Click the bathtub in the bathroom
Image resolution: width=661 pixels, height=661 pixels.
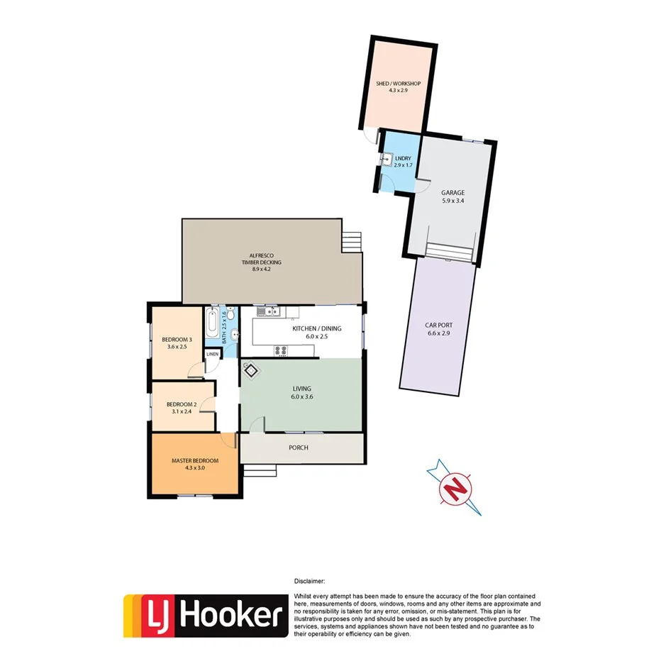point(212,324)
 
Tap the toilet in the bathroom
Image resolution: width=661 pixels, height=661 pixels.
point(233,331)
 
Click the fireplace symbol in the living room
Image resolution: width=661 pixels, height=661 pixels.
point(251,369)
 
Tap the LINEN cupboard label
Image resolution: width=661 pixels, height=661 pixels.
point(212,354)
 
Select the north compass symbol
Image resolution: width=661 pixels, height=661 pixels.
point(458,489)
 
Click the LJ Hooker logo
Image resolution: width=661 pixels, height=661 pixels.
point(204,614)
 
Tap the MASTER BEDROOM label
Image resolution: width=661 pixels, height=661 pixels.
point(194,460)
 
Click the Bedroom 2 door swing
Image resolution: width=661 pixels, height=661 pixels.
point(207,405)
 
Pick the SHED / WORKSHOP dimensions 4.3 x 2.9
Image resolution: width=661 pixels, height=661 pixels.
point(398,91)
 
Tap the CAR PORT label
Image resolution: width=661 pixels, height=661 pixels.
point(438,326)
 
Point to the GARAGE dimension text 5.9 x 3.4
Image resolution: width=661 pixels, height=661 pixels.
point(452,201)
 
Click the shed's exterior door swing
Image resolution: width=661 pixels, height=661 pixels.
point(368,137)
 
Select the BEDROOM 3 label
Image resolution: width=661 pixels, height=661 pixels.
point(174,338)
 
